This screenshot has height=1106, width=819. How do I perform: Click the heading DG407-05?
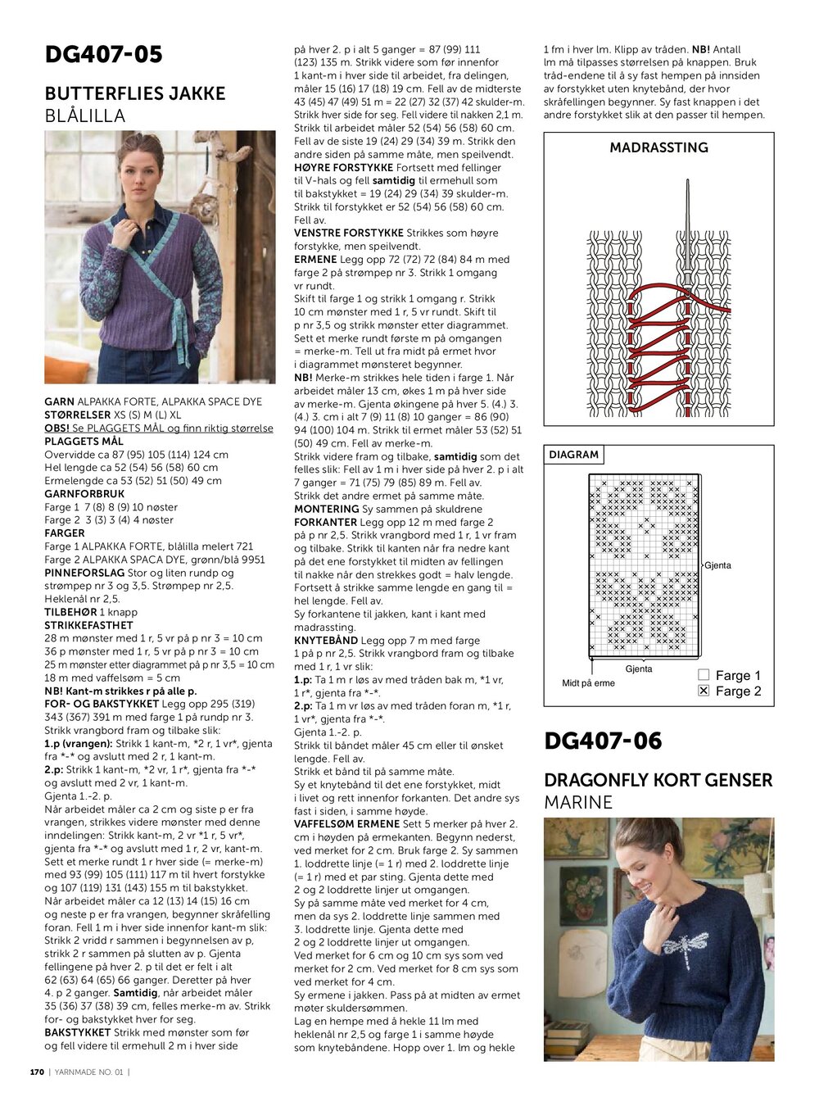(x=103, y=55)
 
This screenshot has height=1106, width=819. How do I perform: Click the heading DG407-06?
(x=603, y=741)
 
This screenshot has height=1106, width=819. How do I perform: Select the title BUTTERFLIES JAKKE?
(x=135, y=93)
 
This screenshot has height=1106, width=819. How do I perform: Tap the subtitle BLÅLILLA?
(x=85, y=116)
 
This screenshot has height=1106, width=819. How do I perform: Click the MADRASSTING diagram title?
(x=658, y=147)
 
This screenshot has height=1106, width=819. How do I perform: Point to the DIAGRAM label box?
(x=573, y=455)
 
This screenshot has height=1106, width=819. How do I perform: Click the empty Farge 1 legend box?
(x=704, y=675)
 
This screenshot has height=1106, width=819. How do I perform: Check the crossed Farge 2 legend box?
(x=704, y=691)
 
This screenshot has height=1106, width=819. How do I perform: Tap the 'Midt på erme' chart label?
(x=588, y=683)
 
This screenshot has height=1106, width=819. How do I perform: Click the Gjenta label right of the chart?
(x=717, y=565)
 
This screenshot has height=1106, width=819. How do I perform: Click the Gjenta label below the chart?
(x=639, y=669)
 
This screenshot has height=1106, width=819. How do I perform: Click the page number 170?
(x=37, y=1072)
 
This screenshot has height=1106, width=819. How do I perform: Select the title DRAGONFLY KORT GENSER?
(x=658, y=780)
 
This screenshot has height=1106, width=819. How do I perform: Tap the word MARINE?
(x=578, y=802)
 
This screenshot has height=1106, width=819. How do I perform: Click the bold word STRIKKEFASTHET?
(x=88, y=625)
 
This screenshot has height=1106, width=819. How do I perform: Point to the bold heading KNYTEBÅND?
(x=326, y=641)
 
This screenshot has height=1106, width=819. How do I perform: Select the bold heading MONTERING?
(x=327, y=509)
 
